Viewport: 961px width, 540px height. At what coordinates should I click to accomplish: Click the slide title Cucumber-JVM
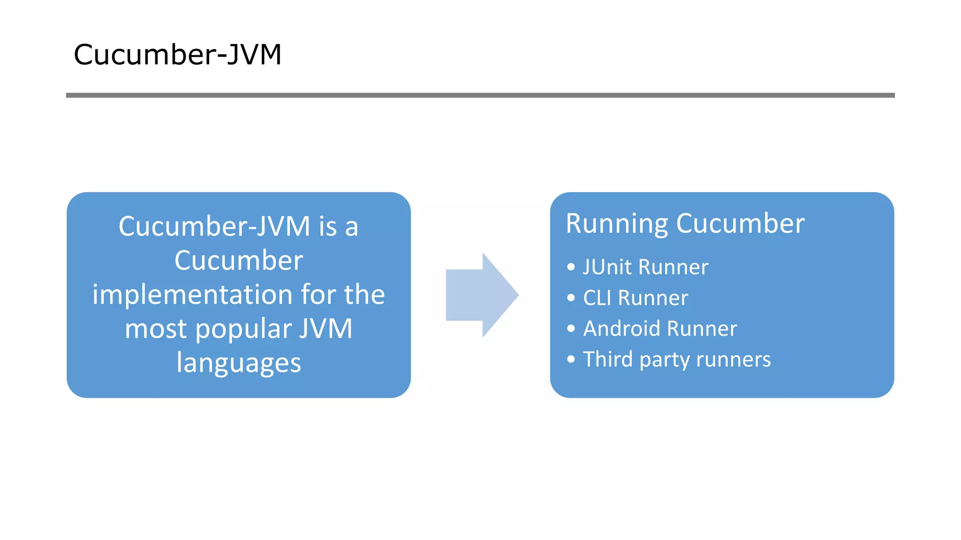tap(177, 55)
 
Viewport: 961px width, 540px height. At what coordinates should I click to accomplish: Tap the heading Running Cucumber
tap(685, 224)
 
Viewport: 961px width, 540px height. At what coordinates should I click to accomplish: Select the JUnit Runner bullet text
tap(645, 267)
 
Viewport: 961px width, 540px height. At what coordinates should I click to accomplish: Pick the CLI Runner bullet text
tap(635, 298)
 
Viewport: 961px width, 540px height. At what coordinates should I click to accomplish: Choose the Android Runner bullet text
tap(660, 329)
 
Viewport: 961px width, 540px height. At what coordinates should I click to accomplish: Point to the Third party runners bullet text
tap(677, 360)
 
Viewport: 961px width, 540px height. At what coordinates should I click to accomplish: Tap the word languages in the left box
tap(238, 363)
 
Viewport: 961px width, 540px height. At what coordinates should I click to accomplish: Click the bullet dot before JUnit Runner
tap(571, 267)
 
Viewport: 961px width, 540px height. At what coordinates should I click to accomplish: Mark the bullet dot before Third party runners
tap(571, 360)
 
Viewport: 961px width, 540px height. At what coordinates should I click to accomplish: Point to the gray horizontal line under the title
tap(480, 95)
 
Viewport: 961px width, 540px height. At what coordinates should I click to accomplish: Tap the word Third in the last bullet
tap(608, 360)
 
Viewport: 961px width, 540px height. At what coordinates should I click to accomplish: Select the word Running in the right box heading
tap(617, 224)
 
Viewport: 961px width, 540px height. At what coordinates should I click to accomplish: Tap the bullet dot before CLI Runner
tap(571, 298)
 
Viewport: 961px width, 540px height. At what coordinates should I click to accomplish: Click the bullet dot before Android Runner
tap(571, 329)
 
